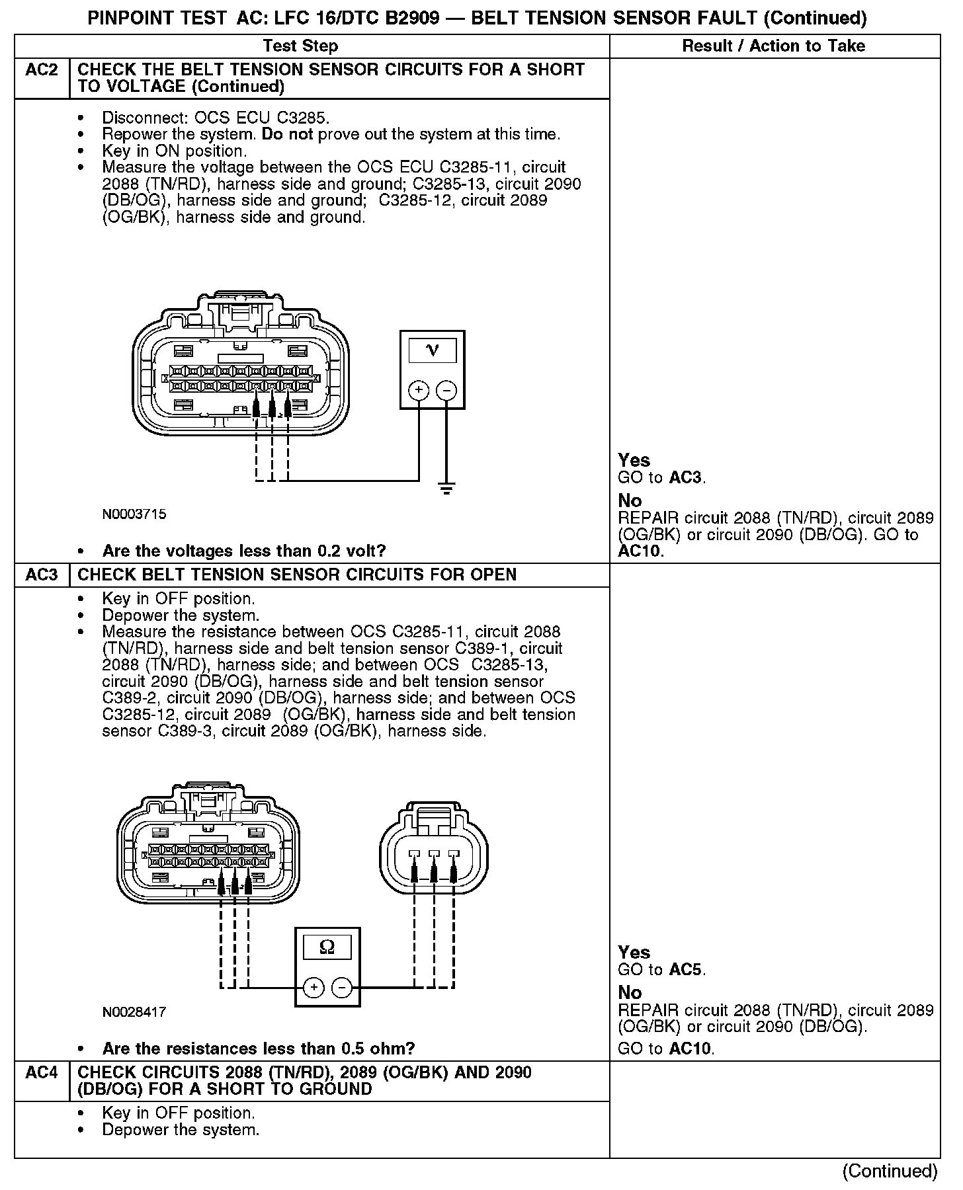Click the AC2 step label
coord(42,70)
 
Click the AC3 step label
coord(42,575)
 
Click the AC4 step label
coord(42,1072)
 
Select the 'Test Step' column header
coord(300,46)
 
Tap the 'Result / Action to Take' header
coord(773,46)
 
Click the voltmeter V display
coord(433,350)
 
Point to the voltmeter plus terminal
coord(418,391)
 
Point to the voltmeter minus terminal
coord(446,391)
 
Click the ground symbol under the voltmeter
coord(447,490)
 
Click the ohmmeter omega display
coord(327,947)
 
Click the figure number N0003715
coord(134,514)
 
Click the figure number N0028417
coord(134,1011)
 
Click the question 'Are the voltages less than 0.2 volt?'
coord(244,551)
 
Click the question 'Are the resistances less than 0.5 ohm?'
coord(259,1049)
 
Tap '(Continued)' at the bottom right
coord(890,1171)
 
